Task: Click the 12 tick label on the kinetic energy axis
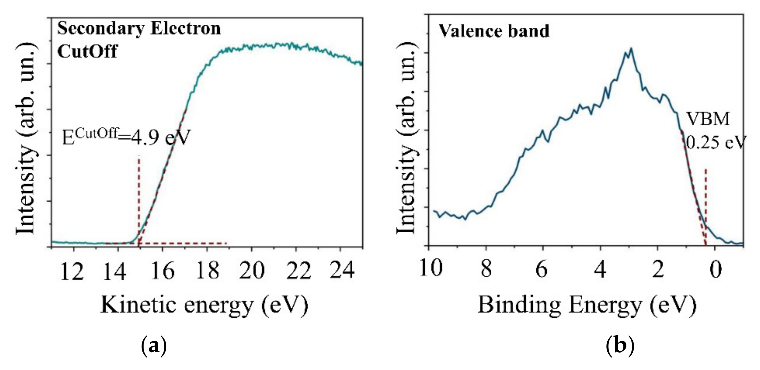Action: point(72,272)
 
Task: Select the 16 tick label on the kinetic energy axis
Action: point(163,272)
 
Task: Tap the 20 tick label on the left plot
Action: point(251,271)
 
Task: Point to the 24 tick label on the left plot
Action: point(342,270)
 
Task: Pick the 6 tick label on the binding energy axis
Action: point(542,270)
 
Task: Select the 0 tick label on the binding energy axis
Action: point(715,270)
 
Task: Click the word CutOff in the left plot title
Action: point(87,52)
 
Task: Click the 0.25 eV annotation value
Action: point(715,143)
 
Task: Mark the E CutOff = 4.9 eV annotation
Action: point(125,138)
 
